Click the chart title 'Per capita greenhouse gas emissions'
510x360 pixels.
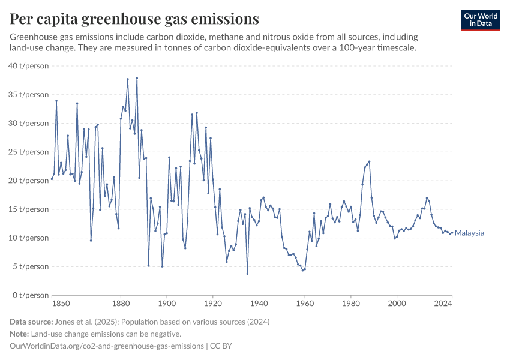[134, 19]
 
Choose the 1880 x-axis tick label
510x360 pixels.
[121, 304]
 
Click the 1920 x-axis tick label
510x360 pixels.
[213, 304]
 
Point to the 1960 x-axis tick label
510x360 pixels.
[305, 304]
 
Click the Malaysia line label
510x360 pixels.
[469, 233]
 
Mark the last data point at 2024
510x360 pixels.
[452, 233]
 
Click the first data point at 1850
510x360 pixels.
[52, 179]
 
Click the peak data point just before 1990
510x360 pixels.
[370, 161]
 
